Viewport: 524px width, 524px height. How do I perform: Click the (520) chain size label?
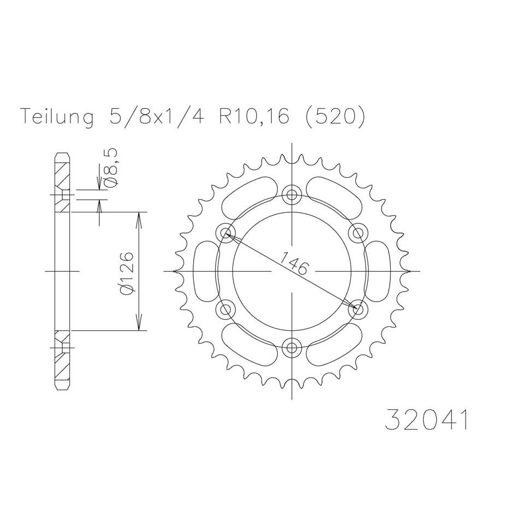333,117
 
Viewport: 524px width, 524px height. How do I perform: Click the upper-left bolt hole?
225,233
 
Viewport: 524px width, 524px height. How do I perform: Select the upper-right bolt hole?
359,233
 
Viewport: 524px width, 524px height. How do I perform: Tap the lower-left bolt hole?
225,309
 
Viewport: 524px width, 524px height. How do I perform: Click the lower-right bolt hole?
359,309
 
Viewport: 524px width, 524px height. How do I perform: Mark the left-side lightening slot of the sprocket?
206,271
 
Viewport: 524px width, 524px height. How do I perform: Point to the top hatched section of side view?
63,182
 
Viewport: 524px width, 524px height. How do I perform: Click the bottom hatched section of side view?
63,360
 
